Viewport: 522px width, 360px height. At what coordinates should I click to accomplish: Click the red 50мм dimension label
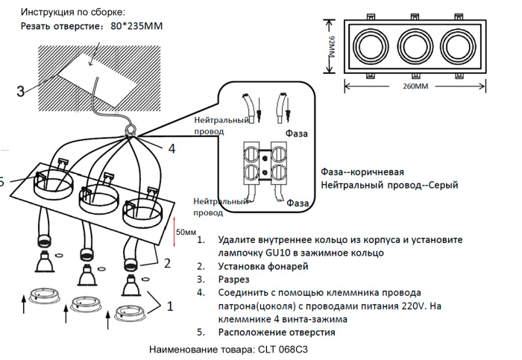tap(186, 232)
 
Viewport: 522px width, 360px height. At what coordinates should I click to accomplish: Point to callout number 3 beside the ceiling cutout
tap(20, 92)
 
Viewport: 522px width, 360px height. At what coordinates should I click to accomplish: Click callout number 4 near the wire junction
tap(172, 148)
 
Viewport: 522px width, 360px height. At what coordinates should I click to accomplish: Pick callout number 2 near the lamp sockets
tap(168, 262)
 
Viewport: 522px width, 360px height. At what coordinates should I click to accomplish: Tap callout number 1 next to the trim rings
tap(170, 305)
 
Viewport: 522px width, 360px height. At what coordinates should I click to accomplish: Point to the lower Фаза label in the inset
tap(298, 203)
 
